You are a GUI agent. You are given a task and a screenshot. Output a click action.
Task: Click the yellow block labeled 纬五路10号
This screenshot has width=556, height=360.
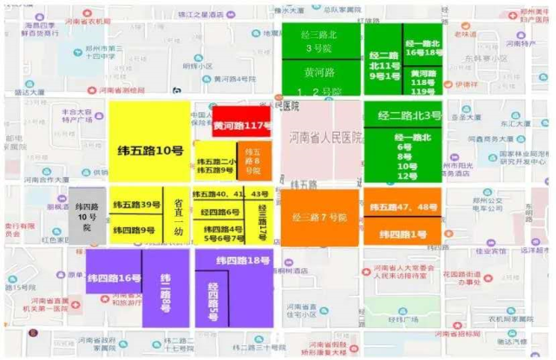[x=149, y=150]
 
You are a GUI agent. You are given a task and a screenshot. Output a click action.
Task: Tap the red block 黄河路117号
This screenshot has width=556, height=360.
[x=242, y=125]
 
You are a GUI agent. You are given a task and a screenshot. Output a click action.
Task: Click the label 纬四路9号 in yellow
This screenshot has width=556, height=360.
[x=135, y=230]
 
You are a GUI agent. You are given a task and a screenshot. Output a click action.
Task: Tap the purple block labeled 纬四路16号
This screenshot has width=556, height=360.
[x=114, y=278]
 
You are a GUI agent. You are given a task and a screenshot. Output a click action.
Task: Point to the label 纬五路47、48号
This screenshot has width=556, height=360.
[x=403, y=207]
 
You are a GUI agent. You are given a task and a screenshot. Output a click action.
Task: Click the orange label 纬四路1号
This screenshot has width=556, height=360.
[x=403, y=234]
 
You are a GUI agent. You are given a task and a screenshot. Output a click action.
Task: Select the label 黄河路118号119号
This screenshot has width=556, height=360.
[x=422, y=82]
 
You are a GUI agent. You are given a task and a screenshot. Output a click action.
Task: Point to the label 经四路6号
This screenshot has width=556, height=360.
[x=220, y=211]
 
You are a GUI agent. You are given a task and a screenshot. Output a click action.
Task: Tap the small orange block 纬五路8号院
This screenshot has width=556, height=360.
[x=254, y=160]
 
